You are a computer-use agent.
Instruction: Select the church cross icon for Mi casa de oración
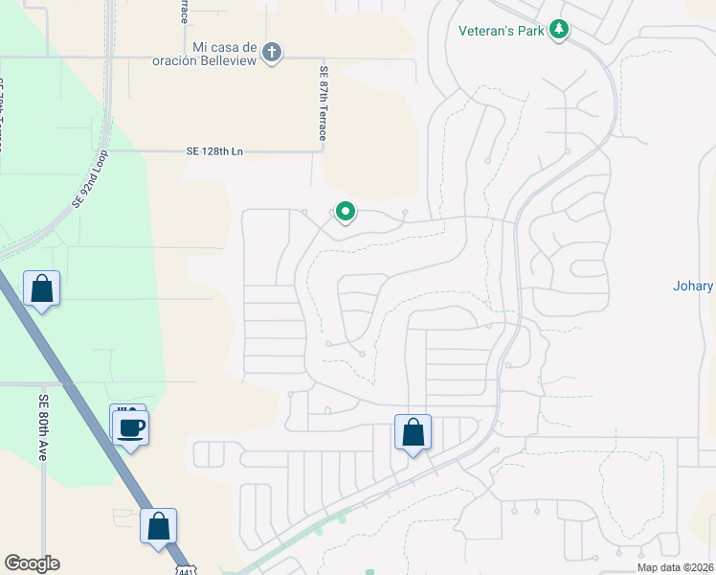click(x=272, y=52)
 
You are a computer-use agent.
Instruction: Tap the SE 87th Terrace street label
click(x=324, y=103)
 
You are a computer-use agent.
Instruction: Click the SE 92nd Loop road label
click(x=91, y=179)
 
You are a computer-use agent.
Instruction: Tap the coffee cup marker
click(x=131, y=428)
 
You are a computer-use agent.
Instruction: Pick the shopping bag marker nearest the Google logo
click(x=158, y=526)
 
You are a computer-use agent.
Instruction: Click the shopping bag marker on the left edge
click(x=42, y=287)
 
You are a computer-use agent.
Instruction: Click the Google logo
click(x=32, y=563)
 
